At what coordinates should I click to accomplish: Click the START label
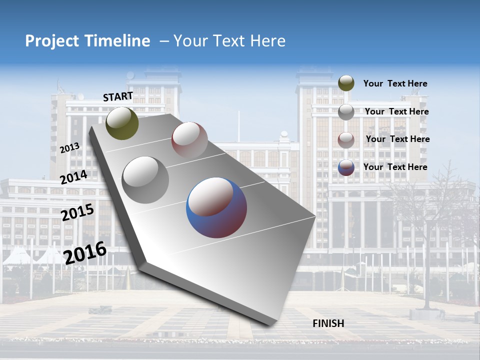pyautogui.click(x=118, y=96)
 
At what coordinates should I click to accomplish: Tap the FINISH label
pyautogui.click(x=328, y=323)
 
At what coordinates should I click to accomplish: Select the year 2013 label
pyautogui.click(x=70, y=147)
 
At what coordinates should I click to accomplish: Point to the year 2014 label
pyautogui.click(x=74, y=177)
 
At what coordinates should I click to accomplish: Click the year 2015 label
pyautogui.click(x=77, y=212)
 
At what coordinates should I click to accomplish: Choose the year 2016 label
pyautogui.click(x=85, y=252)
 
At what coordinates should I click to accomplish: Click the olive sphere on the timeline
pyautogui.click(x=122, y=123)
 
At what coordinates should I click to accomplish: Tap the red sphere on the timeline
pyautogui.click(x=189, y=139)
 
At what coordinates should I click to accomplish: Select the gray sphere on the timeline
pyautogui.click(x=145, y=179)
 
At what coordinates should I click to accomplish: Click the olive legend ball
pyautogui.click(x=346, y=83)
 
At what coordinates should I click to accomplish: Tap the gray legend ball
pyautogui.click(x=346, y=112)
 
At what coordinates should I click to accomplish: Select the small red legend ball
pyautogui.click(x=346, y=139)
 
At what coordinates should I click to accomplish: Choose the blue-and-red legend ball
pyautogui.click(x=346, y=167)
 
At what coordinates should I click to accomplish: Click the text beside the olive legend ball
pyautogui.click(x=395, y=83)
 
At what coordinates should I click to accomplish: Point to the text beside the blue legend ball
pyautogui.click(x=395, y=167)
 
